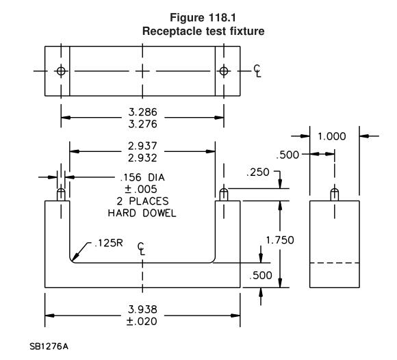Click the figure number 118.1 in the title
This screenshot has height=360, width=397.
tap(222, 18)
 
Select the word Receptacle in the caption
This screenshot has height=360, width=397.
tap(172, 31)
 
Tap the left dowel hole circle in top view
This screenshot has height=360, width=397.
tap(61, 71)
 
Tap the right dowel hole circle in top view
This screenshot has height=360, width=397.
tap(224, 71)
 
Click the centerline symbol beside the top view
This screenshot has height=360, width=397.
tap(257, 70)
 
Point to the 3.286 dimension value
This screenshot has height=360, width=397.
tap(143, 112)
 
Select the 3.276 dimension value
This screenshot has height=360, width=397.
tap(143, 124)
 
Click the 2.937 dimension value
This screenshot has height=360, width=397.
tap(142, 146)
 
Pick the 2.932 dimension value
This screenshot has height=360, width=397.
tap(142, 158)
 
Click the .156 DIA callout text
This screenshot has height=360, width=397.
tap(142, 177)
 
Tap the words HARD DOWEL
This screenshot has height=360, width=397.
tap(142, 213)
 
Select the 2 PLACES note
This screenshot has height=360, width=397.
tap(142, 201)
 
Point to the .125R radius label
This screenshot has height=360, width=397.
tap(109, 243)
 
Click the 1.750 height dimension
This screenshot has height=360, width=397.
tap(280, 240)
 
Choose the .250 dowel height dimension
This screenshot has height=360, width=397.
tap(258, 172)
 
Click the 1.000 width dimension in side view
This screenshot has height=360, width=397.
tap(332, 136)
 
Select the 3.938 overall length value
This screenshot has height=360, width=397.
tap(142, 309)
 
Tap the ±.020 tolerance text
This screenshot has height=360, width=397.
tap(142, 321)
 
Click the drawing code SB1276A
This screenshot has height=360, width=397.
tap(49, 346)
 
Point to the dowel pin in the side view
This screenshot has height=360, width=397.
tap(335, 194)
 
